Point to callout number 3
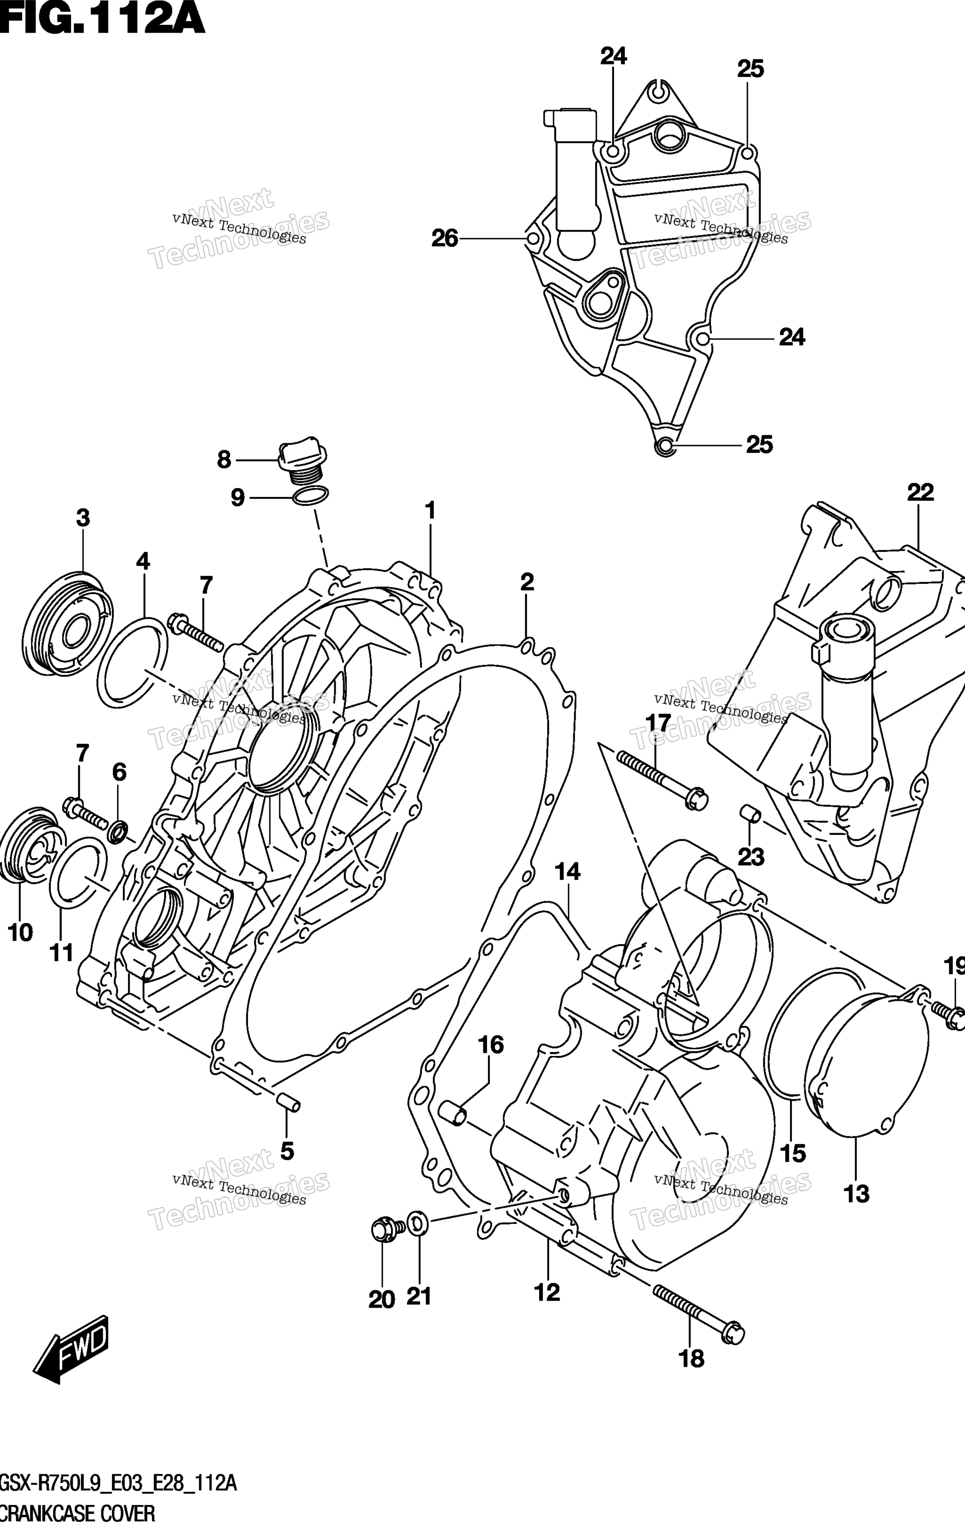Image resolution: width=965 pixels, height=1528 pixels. click(x=83, y=518)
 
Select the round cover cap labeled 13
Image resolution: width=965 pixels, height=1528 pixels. click(x=866, y=1074)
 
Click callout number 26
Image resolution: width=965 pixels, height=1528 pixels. click(x=445, y=239)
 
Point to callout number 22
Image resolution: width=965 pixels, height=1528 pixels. click(x=920, y=492)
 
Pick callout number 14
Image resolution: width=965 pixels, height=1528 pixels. click(x=567, y=872)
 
